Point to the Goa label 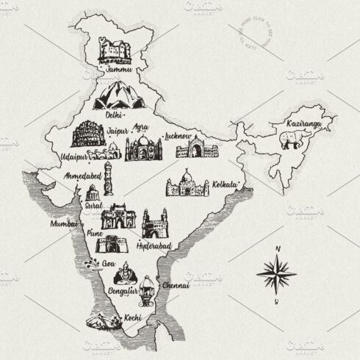pos(108,262)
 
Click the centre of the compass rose pos(276,276)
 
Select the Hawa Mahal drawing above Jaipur pos(87,134)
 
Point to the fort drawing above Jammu pos(117,52)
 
